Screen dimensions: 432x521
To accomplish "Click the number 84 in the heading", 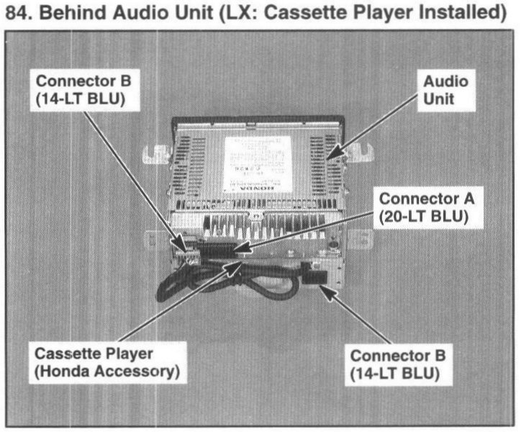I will (x=17, y=12).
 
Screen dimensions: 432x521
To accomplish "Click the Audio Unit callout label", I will (x=445, y=91).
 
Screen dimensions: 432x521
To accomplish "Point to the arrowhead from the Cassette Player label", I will (x=236, y=266).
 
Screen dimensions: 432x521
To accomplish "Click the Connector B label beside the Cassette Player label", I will (x=397, y=364).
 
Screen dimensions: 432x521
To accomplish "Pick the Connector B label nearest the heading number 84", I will (x=81, y=91).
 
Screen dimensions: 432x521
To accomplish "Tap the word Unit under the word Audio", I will (x=445, y=99).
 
